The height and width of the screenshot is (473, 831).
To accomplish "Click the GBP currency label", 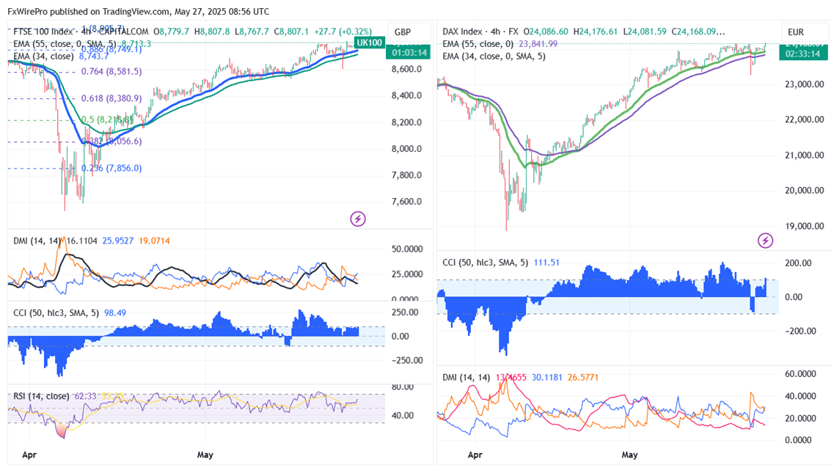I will pos(403,32).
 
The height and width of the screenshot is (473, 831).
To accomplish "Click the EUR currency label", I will pos(797,32).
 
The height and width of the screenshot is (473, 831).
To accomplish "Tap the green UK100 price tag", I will pos(369,43).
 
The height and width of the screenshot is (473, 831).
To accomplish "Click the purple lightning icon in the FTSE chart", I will pos(358,219).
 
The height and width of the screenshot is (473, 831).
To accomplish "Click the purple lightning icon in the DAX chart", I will pos(765,240).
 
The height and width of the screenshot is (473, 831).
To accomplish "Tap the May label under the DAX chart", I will pos(629,455).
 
